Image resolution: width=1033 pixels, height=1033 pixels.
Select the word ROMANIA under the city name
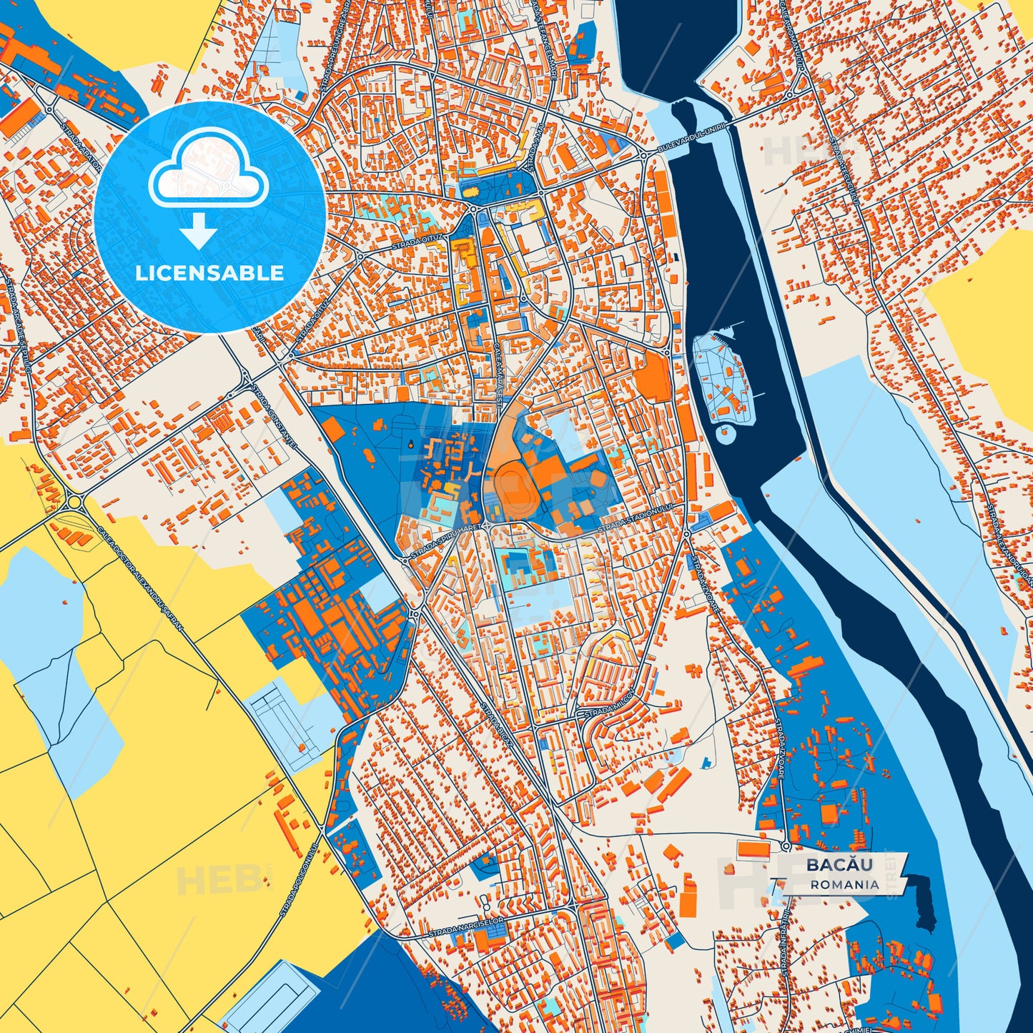pos(845,884)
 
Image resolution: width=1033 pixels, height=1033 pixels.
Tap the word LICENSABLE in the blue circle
pos(209,273)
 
